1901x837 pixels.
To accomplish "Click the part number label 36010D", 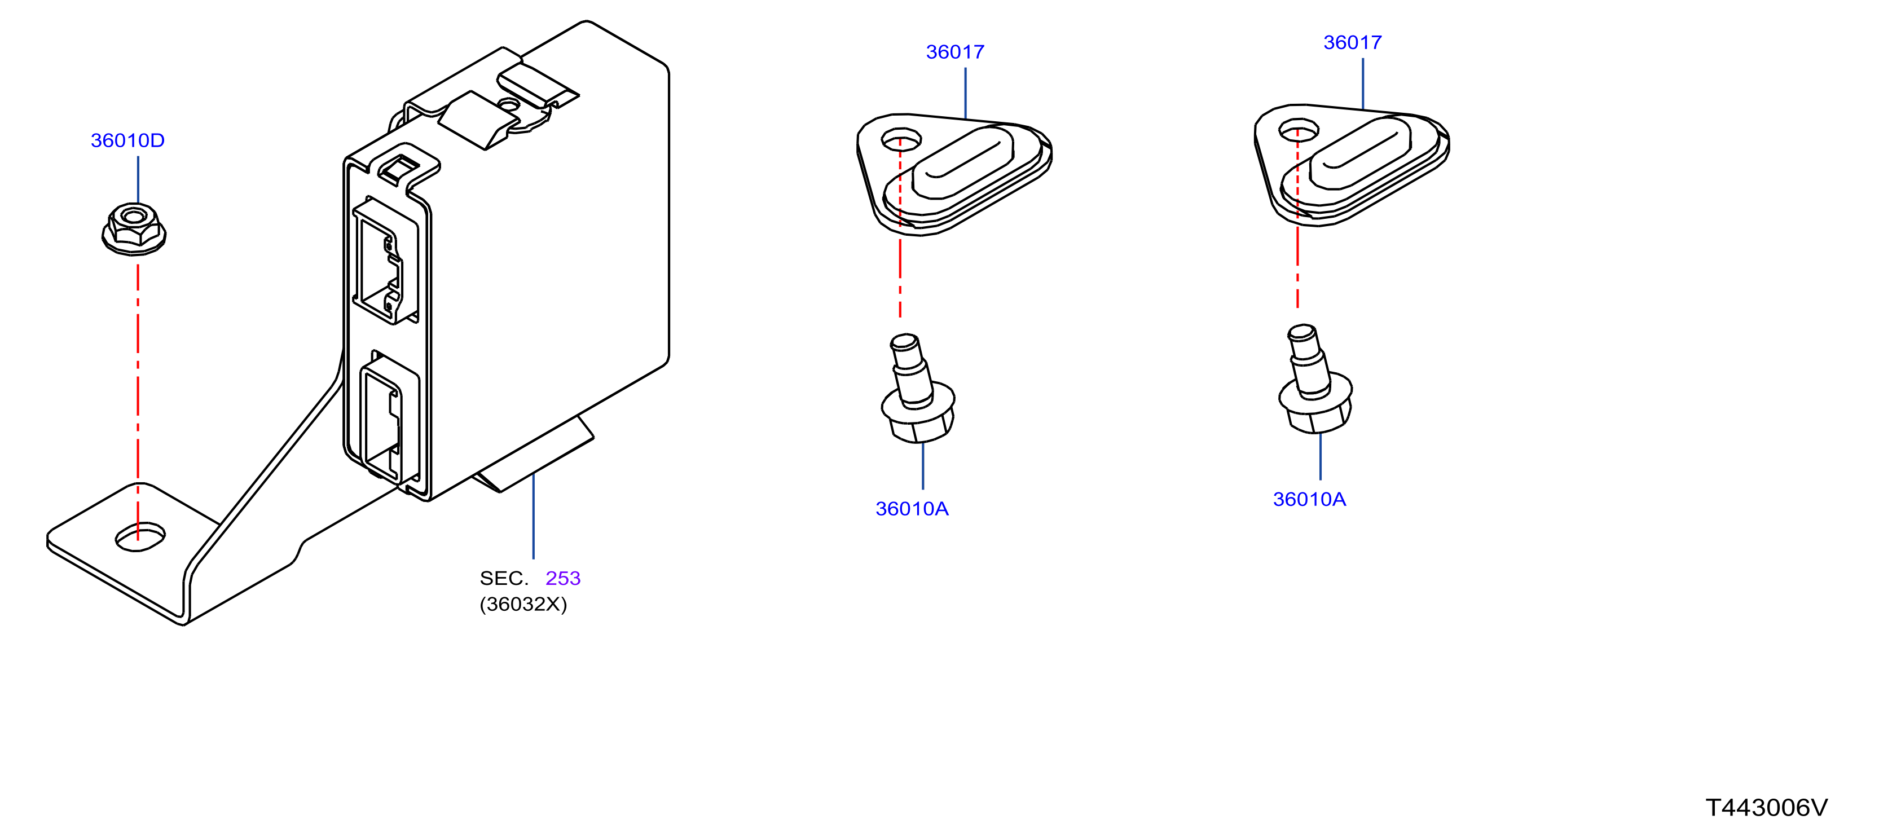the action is click(x=127, y=140).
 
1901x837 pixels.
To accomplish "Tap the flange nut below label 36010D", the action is click(x=134, y=230).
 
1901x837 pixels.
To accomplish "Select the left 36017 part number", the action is click(x=955, y=52).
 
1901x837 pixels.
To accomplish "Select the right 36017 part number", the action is click(x=1352, y=42).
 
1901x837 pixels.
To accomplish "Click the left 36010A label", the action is click(x=912, y=509).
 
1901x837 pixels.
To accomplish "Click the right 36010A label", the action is click(x=1309, y=499).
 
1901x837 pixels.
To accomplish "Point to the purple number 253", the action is click(x=563, y=578).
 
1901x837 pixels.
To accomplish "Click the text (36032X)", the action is click(x=523, y=605).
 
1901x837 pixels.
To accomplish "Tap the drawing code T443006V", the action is click(x=1767, y=808).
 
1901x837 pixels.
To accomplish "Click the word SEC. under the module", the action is click(x=504, y=578).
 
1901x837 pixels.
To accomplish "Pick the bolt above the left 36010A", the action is click(x=918, y=388).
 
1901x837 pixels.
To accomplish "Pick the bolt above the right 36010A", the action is click(x=1315, y=378).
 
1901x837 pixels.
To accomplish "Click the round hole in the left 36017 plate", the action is click(x=901, y=138).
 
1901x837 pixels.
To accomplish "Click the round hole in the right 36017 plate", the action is click(x=1299, y=129).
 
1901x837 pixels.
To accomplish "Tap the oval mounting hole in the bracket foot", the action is click(x=140, y=536).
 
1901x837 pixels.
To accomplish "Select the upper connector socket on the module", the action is click(x=385, y=260).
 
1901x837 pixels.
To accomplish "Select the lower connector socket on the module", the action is click(x=389, y=418).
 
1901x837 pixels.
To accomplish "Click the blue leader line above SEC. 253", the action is click(x=534, y=516).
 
